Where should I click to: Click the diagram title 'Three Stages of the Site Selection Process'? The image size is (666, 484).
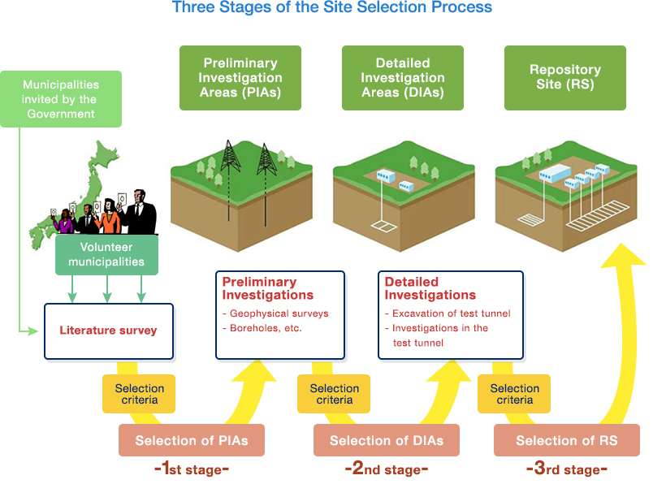tap(331, 6)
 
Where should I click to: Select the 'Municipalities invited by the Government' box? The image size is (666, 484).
tap(61, 99)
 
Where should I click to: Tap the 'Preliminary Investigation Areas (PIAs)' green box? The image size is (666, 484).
tap(240, 78)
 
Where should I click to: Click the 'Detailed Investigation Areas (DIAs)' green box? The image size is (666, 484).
tap(403, 78)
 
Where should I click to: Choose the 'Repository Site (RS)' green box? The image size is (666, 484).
tap(565, 78)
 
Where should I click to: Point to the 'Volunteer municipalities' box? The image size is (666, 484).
tap(106, 255)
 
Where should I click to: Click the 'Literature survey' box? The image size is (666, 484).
tap(109, 331)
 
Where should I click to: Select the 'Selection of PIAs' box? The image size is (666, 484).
tap(192, 440)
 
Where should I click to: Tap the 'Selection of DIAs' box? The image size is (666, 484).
tap(387, 440)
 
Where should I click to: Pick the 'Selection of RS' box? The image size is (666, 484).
tap(567, 440)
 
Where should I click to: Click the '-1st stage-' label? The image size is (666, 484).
tap(192, 469)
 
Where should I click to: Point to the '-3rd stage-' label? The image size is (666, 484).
tap(567, 469)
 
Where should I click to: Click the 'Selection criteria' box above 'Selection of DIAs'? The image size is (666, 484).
tap(334, 394)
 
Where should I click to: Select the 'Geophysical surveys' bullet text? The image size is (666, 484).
tap(279, 313)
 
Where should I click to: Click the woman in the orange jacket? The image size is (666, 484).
tap(110, 217)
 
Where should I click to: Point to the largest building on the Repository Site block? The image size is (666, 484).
tap(556, 173)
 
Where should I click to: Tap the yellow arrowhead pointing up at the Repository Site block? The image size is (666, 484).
tap(623, 255)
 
